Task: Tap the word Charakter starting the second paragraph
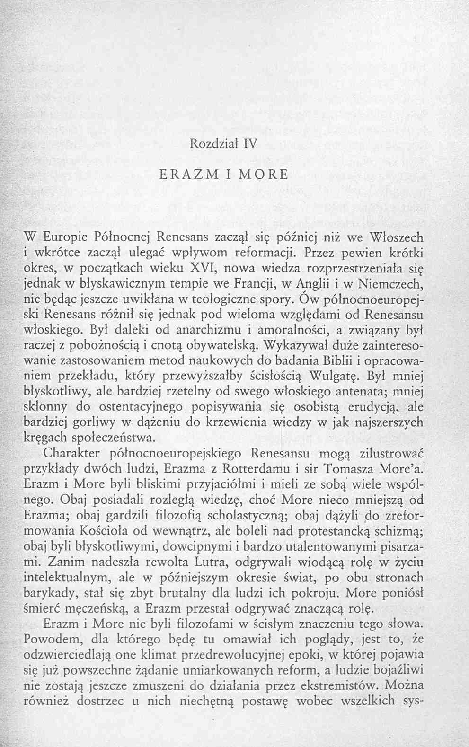point(72,453)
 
